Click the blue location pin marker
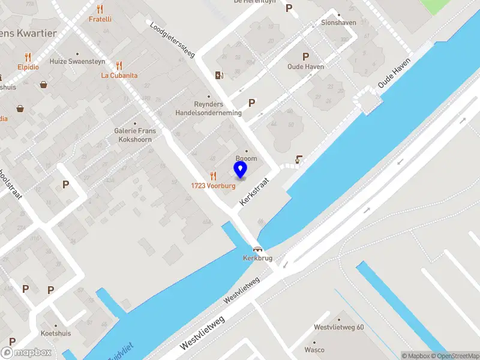[240, 170]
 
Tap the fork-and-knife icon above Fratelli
[100, 9]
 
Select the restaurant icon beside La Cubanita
[119, 65]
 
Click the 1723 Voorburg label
[213, 185]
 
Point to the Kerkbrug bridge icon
[258, 249]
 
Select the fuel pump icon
[220, 76]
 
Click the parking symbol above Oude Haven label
[305, 56]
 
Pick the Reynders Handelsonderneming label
[208, 109]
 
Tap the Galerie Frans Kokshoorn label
[135, 135]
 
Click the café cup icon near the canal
[299, 160]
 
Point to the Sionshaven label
[338, 23]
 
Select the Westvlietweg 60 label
[339, 327]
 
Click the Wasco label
[314, 350]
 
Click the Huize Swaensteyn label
[77, 61]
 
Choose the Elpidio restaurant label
[28, 67]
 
